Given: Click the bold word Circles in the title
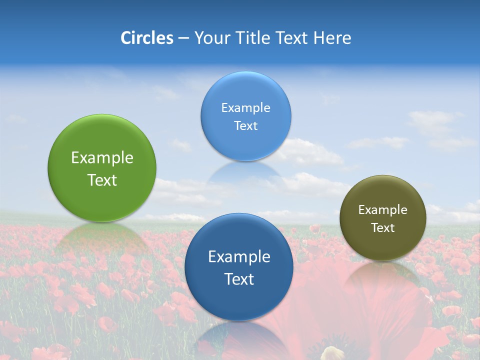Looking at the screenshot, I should pyautogui.click(x=147, y=38).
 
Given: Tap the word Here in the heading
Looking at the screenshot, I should pyautogui.click(x=332, y=38).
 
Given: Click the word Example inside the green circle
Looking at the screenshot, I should pyautogui.click(x=102, y=158).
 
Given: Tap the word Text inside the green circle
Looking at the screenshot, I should pyautogui.click(x=102, y=180).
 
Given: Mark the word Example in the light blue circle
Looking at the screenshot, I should pyautogui.click(x=245, y=108).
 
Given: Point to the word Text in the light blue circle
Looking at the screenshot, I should pyautogui.click(x=245, y=126).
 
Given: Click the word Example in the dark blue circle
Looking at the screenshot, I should pyautogui.click(x=239, y=257).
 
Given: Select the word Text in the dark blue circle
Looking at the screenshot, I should pyautogui.click(x=239, y=279).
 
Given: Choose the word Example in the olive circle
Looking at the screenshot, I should pyautogui.click(x=383, y=210).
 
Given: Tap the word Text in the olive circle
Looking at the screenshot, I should pyautogui.click(x=383, y=228).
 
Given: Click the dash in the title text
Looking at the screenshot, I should pyautogui.click(x=183, y=38).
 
